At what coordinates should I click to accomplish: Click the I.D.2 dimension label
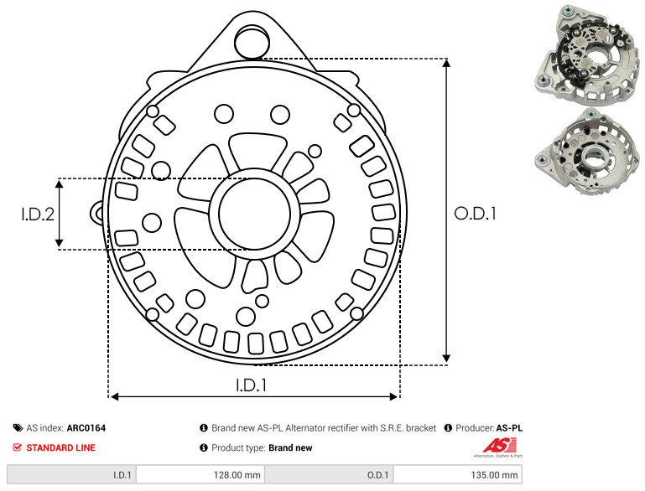pyautogui.click(x=38, y=214)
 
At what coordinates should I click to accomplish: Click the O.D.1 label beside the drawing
pyautogui.click(x=475, y=214)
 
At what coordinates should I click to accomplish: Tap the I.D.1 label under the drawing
pyautogui.click(x=252, y=385)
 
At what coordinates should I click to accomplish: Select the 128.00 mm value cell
pyautogui.click(x=200, y=474)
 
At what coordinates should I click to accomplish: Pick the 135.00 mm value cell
pyautogui.click(x=458, y=474)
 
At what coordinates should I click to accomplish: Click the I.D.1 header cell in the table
pyautogui.click(x=71, y=474)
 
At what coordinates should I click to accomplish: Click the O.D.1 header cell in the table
pyautogui.click(x=329, y=474)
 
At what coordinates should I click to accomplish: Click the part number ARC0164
pyautogui.click(x=86, y=428)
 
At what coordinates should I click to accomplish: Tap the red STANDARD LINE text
pyautogui.click(x=61, y=447)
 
